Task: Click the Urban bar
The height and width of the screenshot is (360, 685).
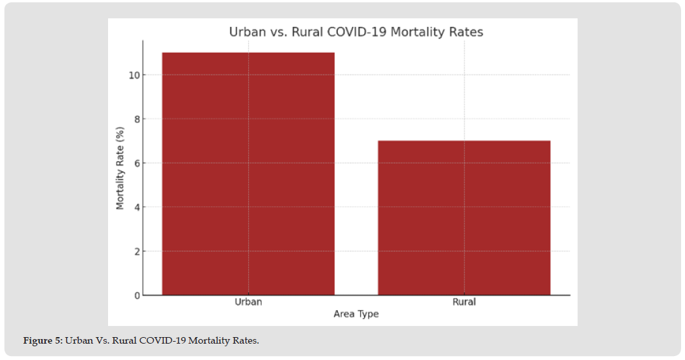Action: [248, 173]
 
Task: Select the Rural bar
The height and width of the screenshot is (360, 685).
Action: [464, 217]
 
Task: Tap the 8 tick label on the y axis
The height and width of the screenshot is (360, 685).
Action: [136, 119]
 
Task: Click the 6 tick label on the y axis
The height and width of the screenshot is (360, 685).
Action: [136, 163]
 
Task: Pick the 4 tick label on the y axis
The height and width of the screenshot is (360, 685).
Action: [136, 207]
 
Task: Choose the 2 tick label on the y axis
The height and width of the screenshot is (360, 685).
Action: [136, 251]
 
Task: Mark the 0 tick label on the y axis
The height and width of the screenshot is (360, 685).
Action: [136, 295]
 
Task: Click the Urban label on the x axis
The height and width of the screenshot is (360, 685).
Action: [248, 302]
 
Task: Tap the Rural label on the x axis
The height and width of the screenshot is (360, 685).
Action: [464, 302]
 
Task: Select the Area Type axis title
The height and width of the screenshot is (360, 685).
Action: [356, 314]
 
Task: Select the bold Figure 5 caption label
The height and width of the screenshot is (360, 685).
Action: [43, 341]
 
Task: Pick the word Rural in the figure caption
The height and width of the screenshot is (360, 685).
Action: [124, 341]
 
